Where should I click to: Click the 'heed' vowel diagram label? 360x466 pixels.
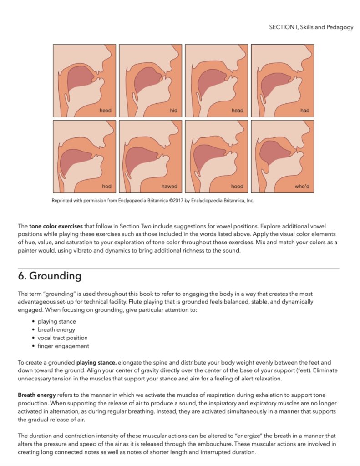tap(106, 111)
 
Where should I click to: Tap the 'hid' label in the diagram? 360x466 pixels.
tap(173, 111)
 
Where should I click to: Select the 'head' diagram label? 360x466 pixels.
tap(237, 111)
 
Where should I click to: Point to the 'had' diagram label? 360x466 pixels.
tap(304, 111)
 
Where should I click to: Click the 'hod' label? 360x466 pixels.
tap(106, 187)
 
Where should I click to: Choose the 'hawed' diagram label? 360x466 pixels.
tap(169, 187)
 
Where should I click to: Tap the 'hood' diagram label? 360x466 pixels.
tap(237, 187)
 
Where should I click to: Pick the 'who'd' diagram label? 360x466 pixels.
tap(302, 187)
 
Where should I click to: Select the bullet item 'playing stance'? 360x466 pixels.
tap(57, 321)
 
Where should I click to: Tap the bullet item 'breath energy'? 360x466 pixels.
tap(56, 329)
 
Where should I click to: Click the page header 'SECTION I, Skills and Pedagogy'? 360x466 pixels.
tap(311, 27)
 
